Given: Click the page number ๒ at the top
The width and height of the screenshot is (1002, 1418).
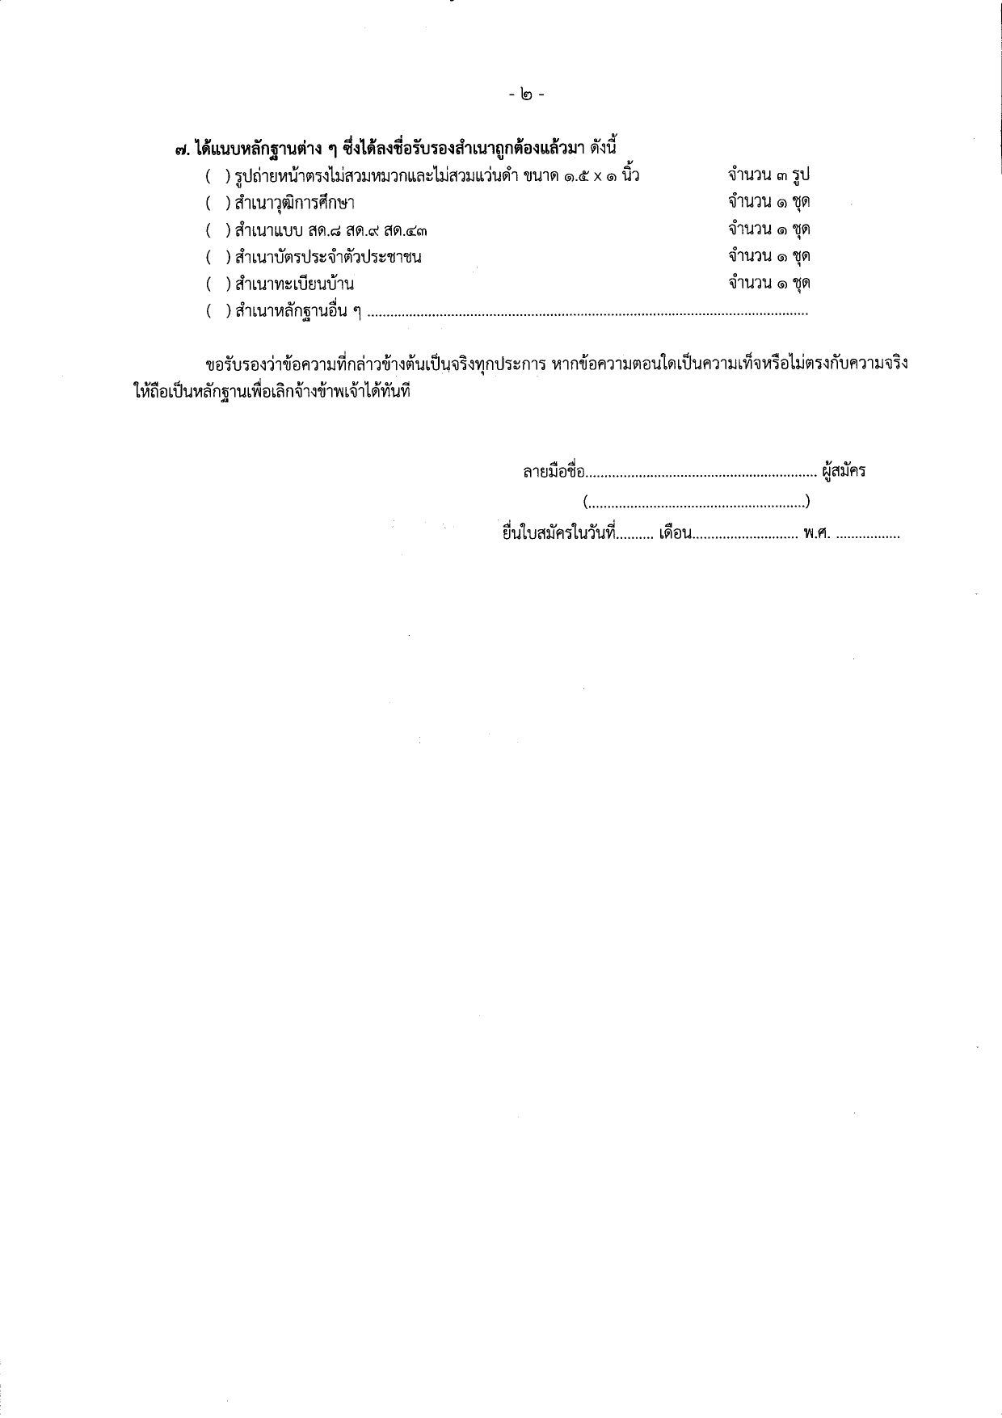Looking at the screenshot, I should coord(527,95).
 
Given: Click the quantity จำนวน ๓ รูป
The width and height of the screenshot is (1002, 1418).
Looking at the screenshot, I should coord(768,175).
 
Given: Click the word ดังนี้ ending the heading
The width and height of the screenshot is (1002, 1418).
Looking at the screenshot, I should coord(600,148).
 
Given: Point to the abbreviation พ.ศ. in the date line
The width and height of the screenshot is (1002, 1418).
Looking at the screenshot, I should coord(818,534).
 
